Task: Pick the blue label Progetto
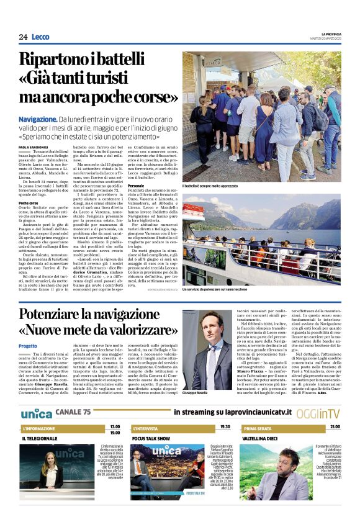[x=28, y=346]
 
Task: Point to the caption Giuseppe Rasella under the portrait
[x=197, y=394]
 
